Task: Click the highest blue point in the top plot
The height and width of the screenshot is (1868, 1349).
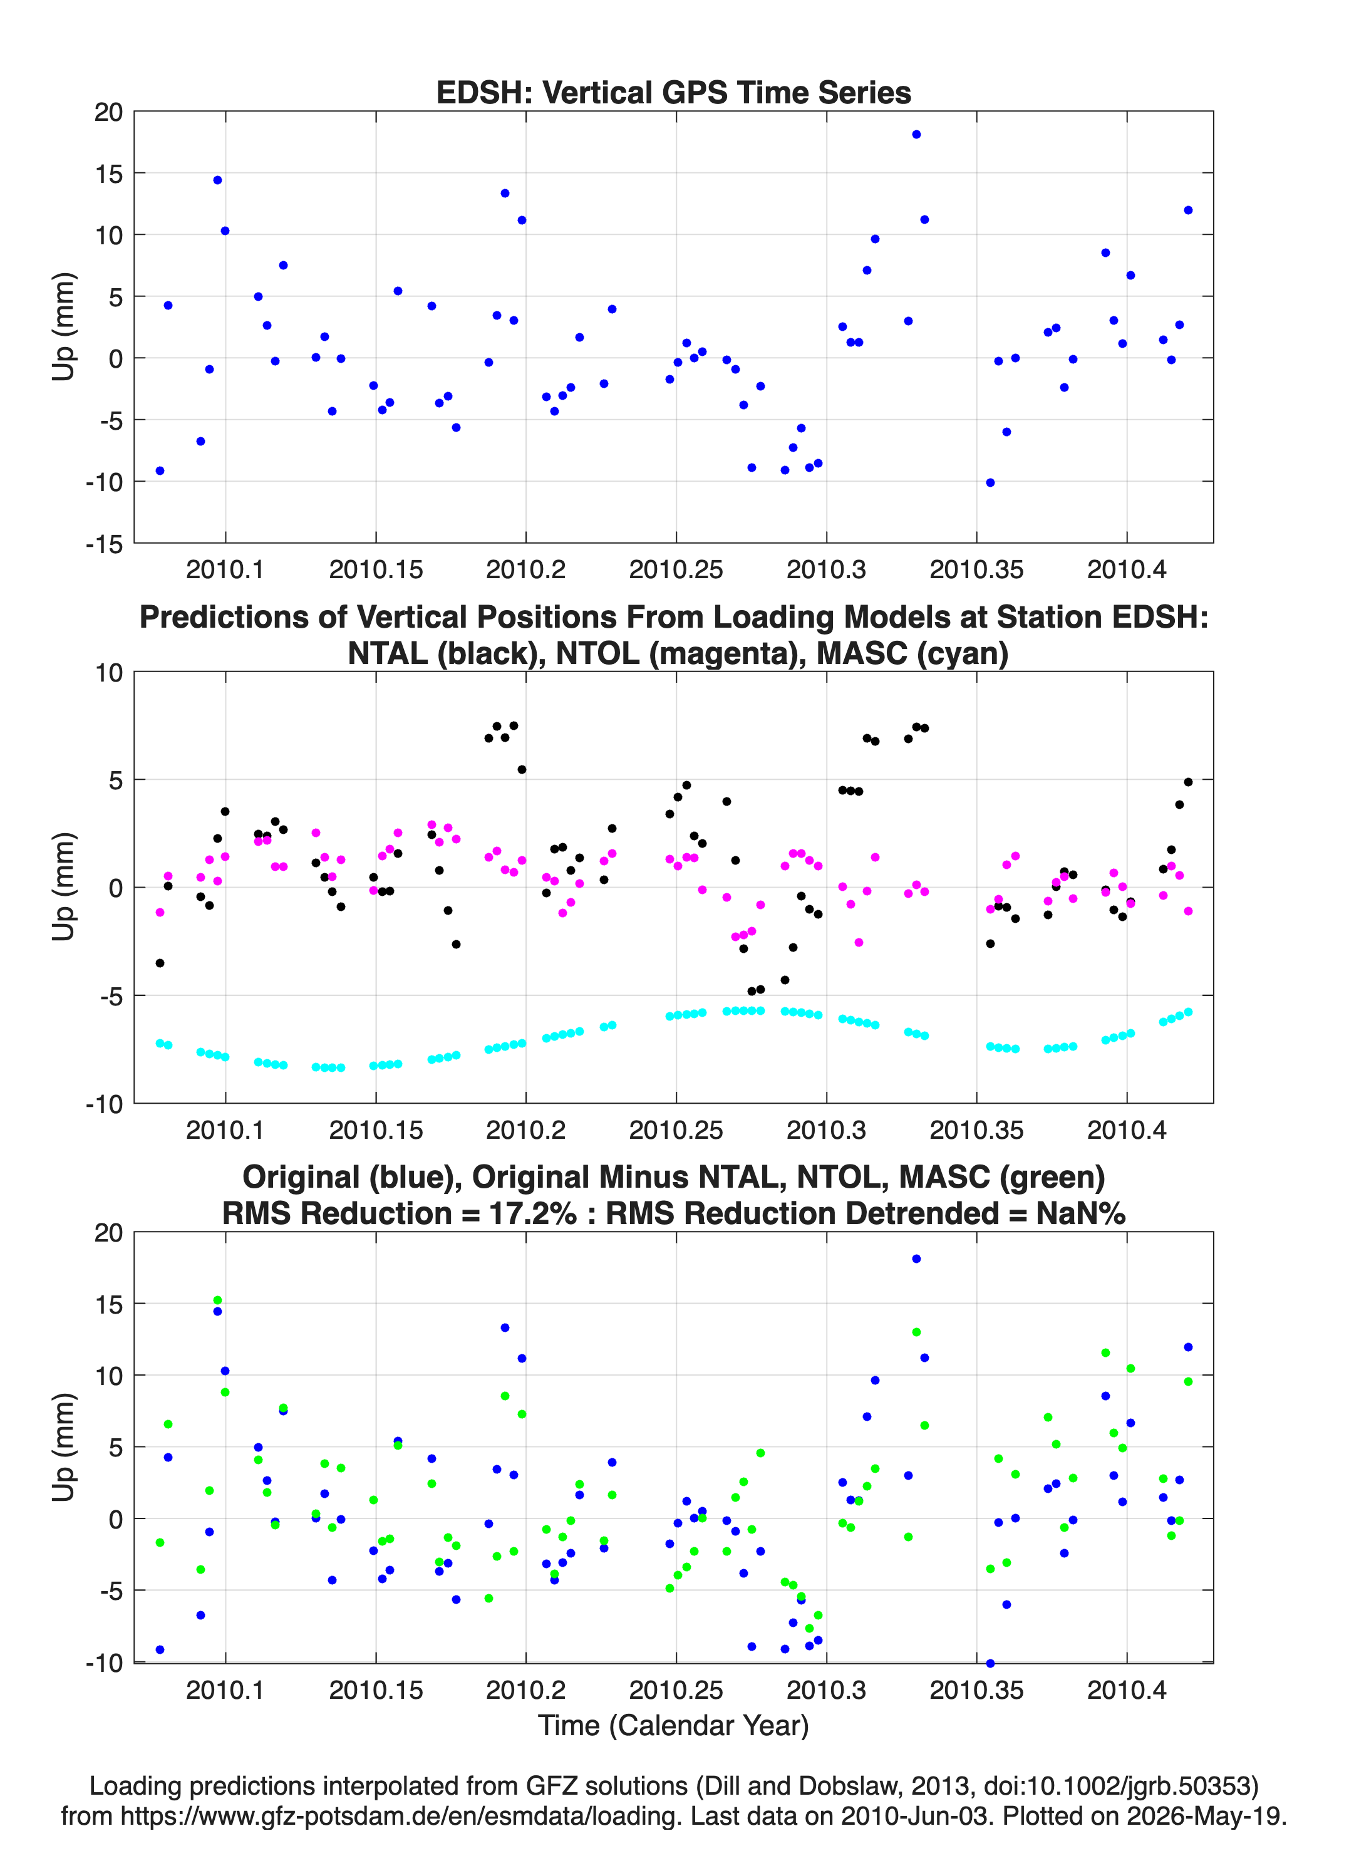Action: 916,134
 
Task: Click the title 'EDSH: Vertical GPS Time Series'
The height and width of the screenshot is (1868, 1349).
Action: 674,92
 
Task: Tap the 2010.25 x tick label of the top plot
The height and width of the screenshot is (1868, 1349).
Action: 676,569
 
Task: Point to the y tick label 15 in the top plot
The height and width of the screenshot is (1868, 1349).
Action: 108,173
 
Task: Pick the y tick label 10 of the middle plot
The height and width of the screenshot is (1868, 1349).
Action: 108,672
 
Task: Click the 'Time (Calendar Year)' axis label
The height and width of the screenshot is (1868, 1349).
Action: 674,1725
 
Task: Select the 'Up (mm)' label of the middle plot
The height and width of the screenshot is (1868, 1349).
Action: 63,887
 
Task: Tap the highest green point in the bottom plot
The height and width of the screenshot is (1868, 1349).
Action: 217,1300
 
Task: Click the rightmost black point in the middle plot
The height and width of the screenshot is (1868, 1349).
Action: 1187,782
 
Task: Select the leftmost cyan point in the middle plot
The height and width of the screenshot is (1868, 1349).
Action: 160,1043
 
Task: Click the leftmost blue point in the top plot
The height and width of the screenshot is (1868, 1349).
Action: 160,471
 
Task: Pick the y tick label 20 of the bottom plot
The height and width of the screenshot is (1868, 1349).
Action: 108,1233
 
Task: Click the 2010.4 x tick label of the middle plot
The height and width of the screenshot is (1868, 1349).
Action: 1127,1129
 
